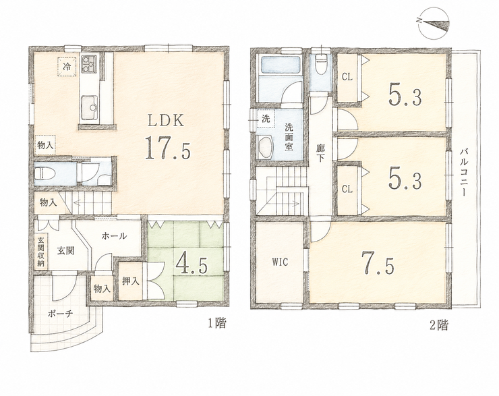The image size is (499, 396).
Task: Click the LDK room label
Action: point(165,121)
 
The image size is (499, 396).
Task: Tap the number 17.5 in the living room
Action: point(168,148)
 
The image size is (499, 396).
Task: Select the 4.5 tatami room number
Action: point(192,264)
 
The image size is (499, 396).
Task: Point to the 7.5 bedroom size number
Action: point(378,264)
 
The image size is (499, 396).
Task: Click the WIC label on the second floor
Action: point(280,262)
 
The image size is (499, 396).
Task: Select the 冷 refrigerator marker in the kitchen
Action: point(67,67)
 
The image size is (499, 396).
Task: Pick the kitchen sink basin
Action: point(90,107)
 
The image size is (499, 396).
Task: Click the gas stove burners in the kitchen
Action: point(89,63)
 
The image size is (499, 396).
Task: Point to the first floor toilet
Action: point(45,173)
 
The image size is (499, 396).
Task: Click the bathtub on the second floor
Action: point(281,65)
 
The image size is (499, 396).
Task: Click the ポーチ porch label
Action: point(61,314)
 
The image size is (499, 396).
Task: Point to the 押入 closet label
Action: point(131,281)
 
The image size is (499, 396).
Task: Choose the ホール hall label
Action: point(114,236)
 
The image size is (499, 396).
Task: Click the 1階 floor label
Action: point(217,323)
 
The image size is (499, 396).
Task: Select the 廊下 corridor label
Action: point(320,153)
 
